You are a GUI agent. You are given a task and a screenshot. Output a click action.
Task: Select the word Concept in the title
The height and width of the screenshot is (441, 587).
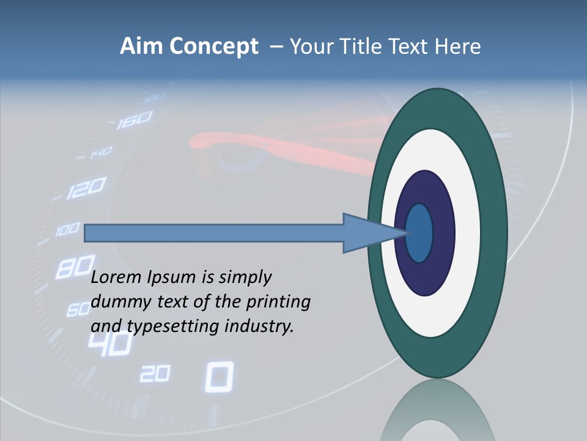pyautogui.click(x=213, y=47)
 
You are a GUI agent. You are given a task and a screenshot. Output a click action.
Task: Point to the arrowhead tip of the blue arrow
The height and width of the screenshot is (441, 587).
pyautogui.click(x=407, y=233)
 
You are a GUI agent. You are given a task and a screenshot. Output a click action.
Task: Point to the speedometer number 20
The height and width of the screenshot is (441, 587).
pyautogui.click(x=154, y=374)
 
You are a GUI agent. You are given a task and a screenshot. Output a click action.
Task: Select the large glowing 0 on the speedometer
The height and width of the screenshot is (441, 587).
pyautogui.click(x=218, y=376)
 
